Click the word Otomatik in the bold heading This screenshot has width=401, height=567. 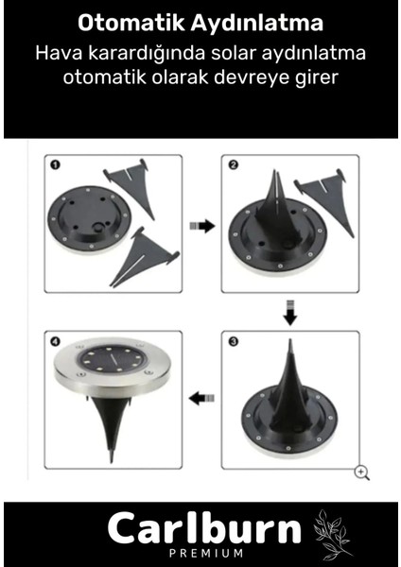pyautogui.click(x=131, y=23)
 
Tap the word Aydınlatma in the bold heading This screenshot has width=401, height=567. pyautogui.click(x=257, y=23)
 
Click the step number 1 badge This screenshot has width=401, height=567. pyautogui.click(x=56, y=164)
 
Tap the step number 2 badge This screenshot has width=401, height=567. pyautogui.click(x=234, y=164)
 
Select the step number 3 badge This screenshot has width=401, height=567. pyautogui.click(x=234, y=341)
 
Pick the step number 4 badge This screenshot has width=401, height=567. pyautogui.click(x=56, y=341)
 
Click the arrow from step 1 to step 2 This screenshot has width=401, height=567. pyautogui.click(x=202, y=226)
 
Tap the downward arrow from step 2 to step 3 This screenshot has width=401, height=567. pyautogui.click(x=290, y=313)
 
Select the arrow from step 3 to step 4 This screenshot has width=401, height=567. pyautogui.click(x=201, y=399)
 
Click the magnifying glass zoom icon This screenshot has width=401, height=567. pyautogui.click(x=362, y=473)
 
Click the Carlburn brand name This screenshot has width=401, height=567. pyautogui.click(x=204, y=528)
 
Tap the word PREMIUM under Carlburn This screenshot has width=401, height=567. pyautogui.click(x=206, y=553)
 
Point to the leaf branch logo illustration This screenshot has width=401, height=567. pyautogui.click(x=331, y=533)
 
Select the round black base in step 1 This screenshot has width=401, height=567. pyautogui.click(x=90, y=219)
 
